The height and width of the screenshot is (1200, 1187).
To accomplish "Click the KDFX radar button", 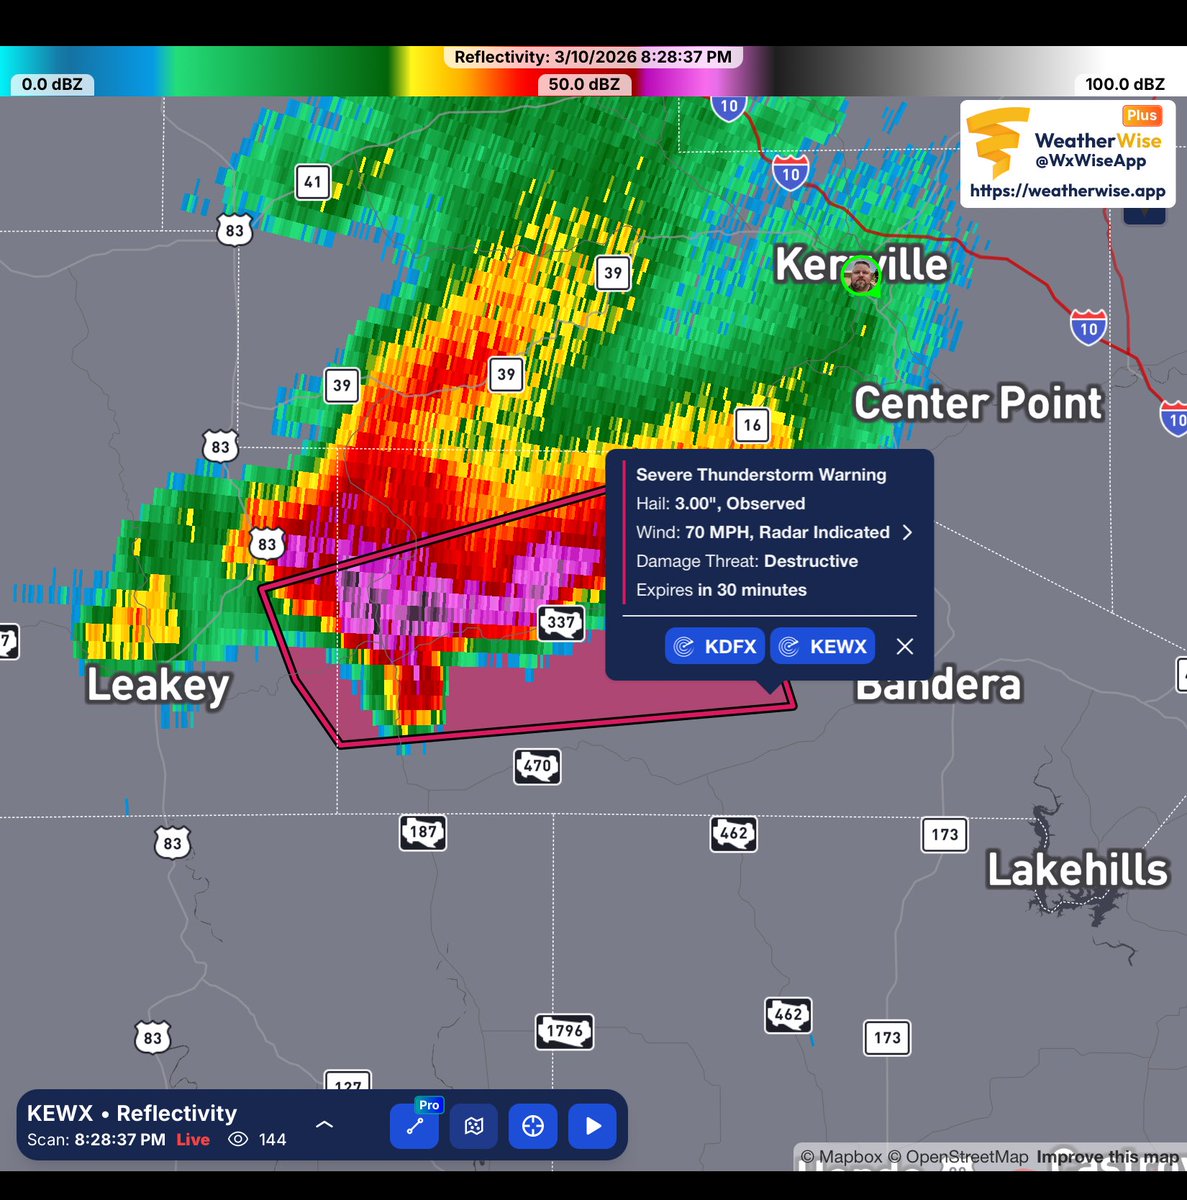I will [x=715, y=646].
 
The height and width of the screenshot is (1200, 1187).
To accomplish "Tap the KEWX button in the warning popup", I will [x=823, y=646].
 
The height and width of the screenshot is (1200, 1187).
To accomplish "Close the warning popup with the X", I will [x=905, y=646].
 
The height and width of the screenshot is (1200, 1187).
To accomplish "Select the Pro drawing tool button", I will [x=414, y=1125].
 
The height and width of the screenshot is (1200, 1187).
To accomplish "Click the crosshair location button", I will [x=533, y=1126].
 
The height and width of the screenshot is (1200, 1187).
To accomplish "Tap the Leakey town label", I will [x=158, y=686].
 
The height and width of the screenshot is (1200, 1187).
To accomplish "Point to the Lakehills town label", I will [x=1077, y=870].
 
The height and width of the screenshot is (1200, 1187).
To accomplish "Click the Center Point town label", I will [x=977, y=403].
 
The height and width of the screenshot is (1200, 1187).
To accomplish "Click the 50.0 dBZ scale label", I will [x=584, y=84].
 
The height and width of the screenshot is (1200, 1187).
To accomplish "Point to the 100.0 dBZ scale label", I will [x=1125, y=84].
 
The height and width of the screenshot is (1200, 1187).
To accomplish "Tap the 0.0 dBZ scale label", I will [x=52, y=84].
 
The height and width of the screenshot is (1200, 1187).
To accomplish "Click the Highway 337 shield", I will [x=561, y=622].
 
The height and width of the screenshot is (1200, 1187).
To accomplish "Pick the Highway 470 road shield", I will [x=537, y=766].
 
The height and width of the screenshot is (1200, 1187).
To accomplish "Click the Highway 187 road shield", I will [x=423, y=832].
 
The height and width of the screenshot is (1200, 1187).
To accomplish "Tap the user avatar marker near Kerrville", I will [x=860, y=275].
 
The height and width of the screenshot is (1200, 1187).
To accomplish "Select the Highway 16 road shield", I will [x=752, y=425].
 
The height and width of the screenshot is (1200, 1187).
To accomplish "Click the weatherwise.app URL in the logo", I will [x=1067, y=190].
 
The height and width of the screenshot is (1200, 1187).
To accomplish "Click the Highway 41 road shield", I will [x=313, y=182].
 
